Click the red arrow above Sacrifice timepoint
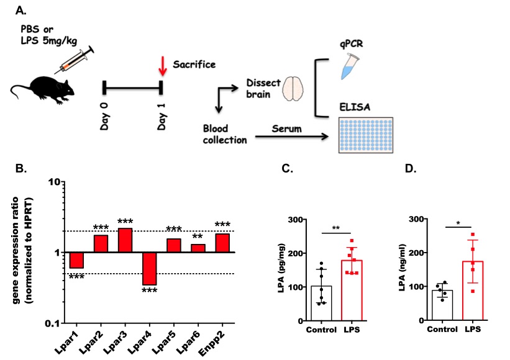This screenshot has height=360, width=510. pos(163,65)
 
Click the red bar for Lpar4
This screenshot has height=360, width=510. pos(149,268)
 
